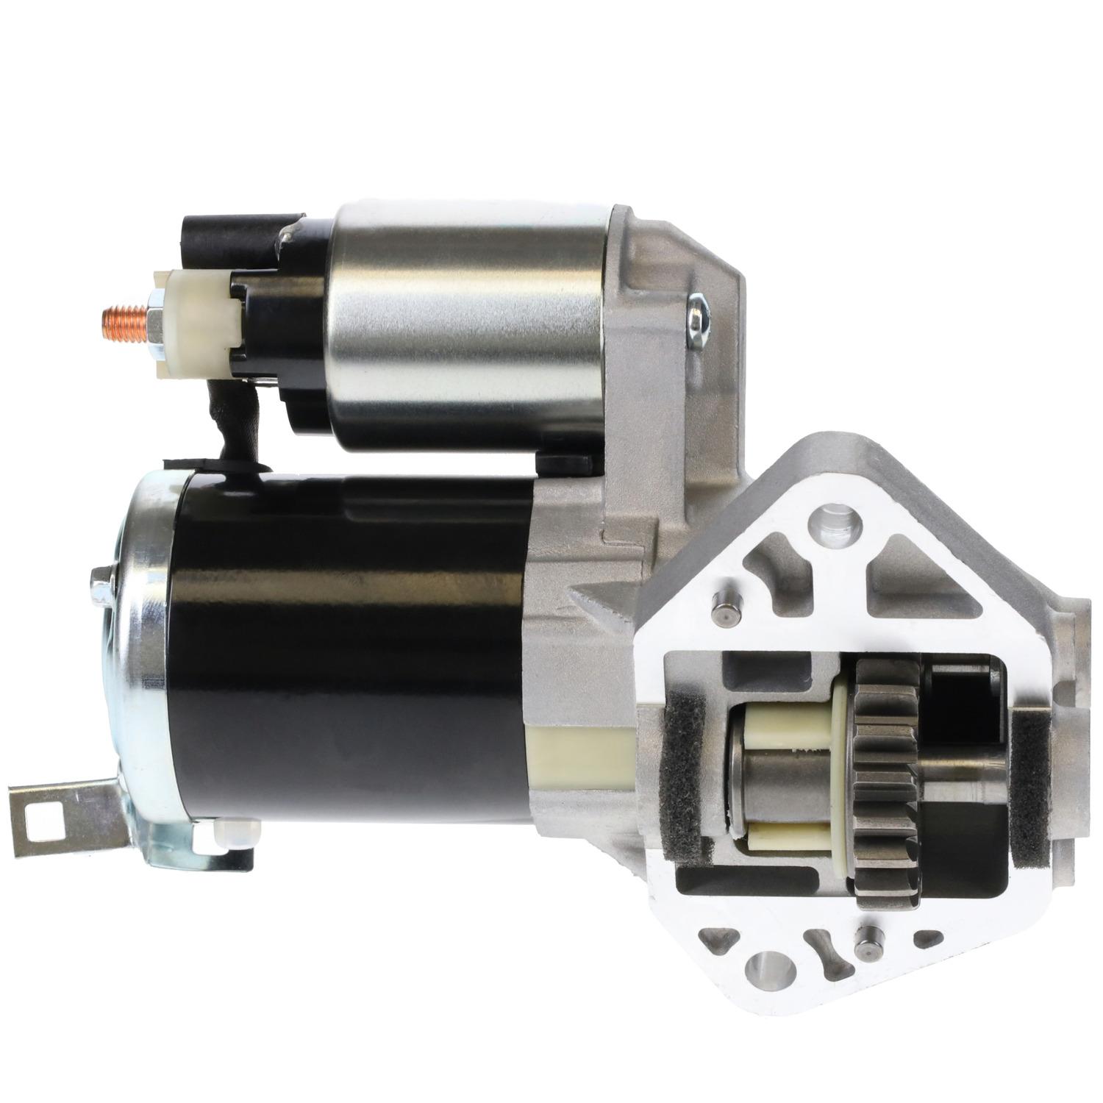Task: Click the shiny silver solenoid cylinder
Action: tap(463, 324)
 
